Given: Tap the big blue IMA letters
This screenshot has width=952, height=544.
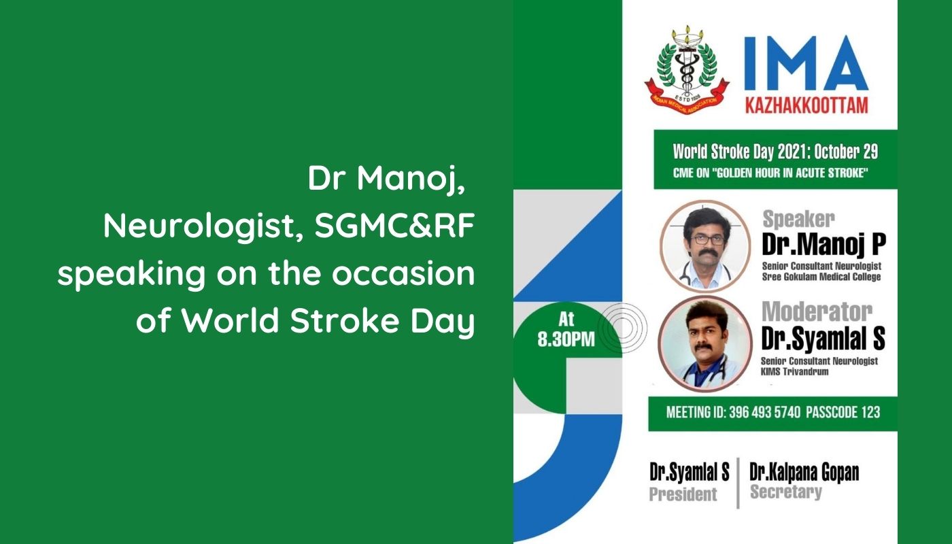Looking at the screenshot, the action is pos(806,63).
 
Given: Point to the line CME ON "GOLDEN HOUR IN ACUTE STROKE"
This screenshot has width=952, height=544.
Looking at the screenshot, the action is pos(770,173).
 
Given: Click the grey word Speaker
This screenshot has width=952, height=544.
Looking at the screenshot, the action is pos(798,219).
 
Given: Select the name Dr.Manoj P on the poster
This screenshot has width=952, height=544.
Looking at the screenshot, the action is pos(823,244).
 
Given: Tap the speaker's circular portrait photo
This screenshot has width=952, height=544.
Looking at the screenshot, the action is pos(704,245).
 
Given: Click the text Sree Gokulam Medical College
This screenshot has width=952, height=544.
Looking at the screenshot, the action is pos(821,277).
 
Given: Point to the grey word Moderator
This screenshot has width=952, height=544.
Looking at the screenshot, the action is pos(817,312).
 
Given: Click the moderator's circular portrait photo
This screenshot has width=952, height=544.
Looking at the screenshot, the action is pos(704,343).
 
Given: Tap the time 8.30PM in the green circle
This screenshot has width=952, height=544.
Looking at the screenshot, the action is pos(566,339).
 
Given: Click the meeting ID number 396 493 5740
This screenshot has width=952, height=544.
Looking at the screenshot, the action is pos(764,412).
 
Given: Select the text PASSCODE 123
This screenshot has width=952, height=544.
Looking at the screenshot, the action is pos(843,412).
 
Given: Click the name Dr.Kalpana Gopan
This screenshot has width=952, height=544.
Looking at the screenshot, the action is pos(804,473).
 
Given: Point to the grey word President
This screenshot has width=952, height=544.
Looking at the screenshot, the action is pos(683,494).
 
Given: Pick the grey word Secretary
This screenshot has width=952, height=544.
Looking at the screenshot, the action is pos(786,492).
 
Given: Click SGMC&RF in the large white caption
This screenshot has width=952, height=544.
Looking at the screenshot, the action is pos(394,226).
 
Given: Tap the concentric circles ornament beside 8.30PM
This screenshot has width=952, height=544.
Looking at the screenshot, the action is pos(623,327).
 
